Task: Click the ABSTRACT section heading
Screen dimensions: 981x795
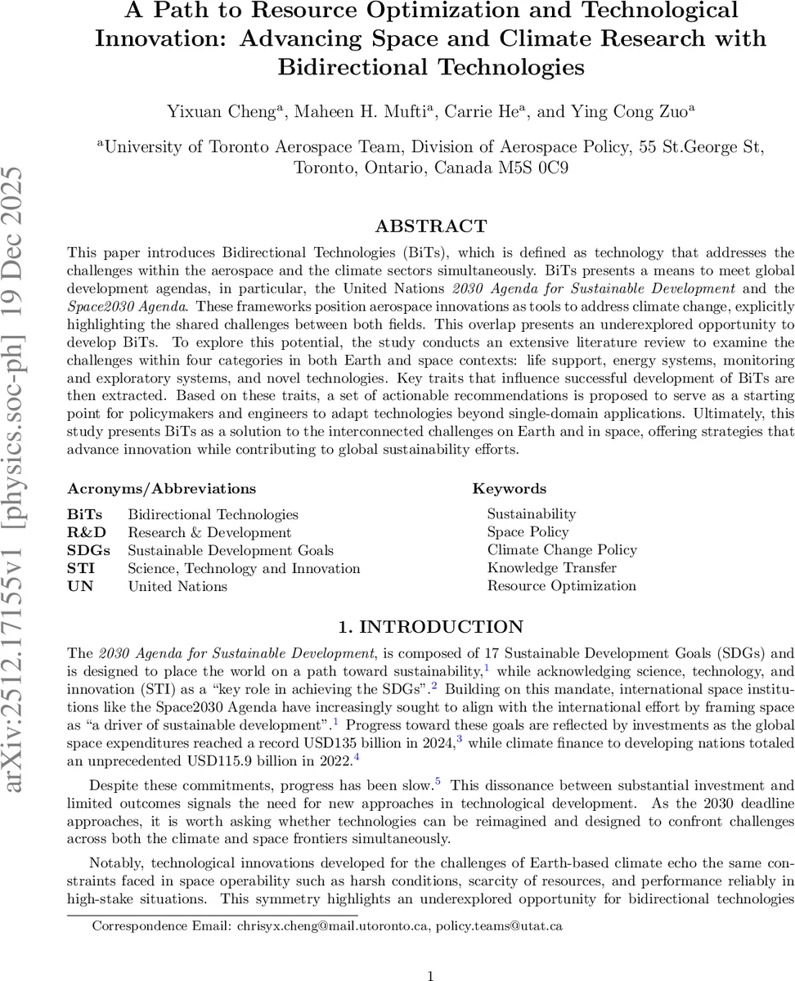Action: (x=430, y=226)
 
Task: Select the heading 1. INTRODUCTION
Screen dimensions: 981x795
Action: (x=430, y=627)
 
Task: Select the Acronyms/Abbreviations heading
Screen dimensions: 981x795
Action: (x=161, y=489)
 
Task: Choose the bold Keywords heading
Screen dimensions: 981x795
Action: (x=509, y=489)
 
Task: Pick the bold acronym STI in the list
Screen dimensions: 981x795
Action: (x=81, y=568)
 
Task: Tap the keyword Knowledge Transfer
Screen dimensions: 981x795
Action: (x=552, y=567)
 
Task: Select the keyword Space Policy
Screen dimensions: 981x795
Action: (x=528, y=531)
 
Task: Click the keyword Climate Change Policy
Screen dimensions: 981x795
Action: (x=562, y=549)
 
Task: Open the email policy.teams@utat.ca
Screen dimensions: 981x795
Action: (x=499, y=903)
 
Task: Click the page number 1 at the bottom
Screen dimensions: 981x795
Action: (x=430, y=953)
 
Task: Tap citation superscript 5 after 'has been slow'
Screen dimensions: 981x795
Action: (x=438, y=781)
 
